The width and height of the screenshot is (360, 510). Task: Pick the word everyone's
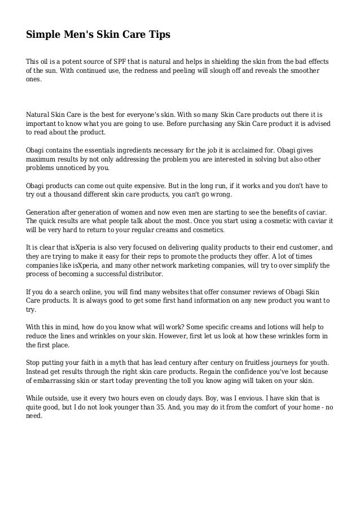point(143,115)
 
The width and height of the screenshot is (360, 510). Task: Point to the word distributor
point(142,274)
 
